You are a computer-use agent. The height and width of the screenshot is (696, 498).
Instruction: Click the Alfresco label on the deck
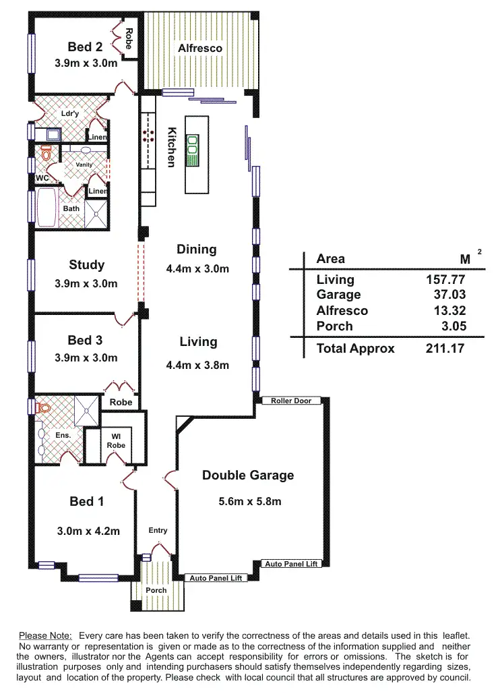tap(199, 49)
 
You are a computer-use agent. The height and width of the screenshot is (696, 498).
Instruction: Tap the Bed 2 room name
tap(85, 47)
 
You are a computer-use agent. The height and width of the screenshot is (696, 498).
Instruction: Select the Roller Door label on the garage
tap(291, 401)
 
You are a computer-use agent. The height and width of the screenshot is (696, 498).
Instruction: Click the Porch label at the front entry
tap(156, 590)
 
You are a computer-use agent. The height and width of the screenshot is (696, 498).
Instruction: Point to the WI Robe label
tap(116, 441)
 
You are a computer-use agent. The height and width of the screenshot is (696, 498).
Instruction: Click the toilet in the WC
tap(46, 152)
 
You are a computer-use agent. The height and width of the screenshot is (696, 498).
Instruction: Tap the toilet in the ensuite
tap(45, 408)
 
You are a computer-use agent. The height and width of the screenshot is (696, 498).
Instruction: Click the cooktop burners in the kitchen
tap(148, 135)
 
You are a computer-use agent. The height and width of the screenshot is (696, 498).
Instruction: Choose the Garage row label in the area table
tap(338, 295)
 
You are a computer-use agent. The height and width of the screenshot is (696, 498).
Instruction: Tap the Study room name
tap(86, 264)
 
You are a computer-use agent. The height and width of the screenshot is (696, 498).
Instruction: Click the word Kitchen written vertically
tap(172, 146)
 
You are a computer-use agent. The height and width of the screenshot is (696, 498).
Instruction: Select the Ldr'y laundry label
tap(70, 113)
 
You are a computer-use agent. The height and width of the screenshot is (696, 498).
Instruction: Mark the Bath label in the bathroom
tap(71, 208)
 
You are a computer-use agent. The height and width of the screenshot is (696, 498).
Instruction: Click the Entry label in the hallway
tap(158, 531)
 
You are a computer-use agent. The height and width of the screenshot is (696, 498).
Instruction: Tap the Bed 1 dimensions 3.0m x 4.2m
tap(88, 531)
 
